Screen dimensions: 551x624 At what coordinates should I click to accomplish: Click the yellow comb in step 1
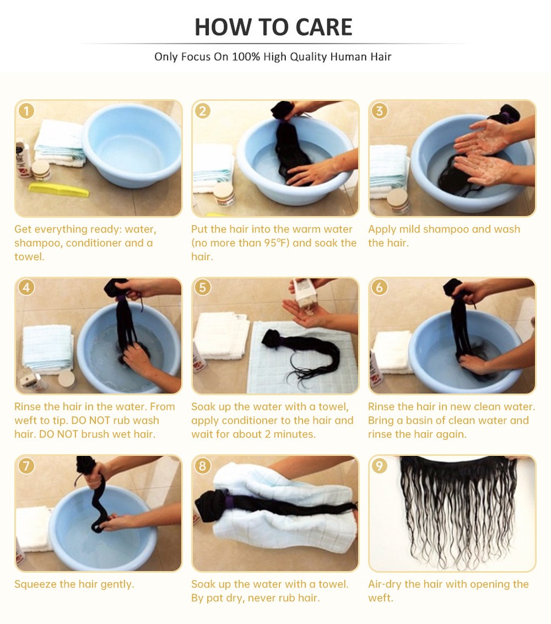point(60,190)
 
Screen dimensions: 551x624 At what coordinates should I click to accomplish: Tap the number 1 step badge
point(26,111)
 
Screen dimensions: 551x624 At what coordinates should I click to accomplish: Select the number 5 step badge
point(203,287)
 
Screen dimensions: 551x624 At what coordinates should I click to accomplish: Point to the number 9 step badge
point(380,465)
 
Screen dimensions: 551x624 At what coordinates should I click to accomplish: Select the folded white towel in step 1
point(60,142)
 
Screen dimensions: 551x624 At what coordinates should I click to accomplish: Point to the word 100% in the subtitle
point(246,57)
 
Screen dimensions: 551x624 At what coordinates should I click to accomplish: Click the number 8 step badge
point(203,465)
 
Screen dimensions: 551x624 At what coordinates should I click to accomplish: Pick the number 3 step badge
point(380,111)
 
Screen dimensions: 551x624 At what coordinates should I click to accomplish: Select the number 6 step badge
point(380,287)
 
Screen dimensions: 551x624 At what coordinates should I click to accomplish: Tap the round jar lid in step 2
point(224,189)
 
